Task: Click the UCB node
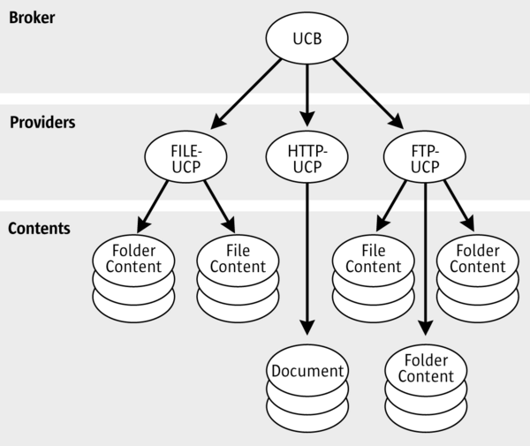tap(307, 39)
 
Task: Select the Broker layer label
tap(32, 17)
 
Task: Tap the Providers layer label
tap(42, 122)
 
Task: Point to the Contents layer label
tap(40, 228)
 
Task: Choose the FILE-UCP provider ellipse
tap(186, 155)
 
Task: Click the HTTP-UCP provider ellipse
tap(307, 155)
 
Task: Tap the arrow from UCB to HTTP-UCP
tap(307, 93)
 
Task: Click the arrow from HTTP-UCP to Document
tap(307, 256)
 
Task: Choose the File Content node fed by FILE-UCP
tap(238, 258)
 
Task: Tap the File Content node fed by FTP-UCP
tap(374, 258)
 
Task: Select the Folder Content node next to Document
tap(426, 368)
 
